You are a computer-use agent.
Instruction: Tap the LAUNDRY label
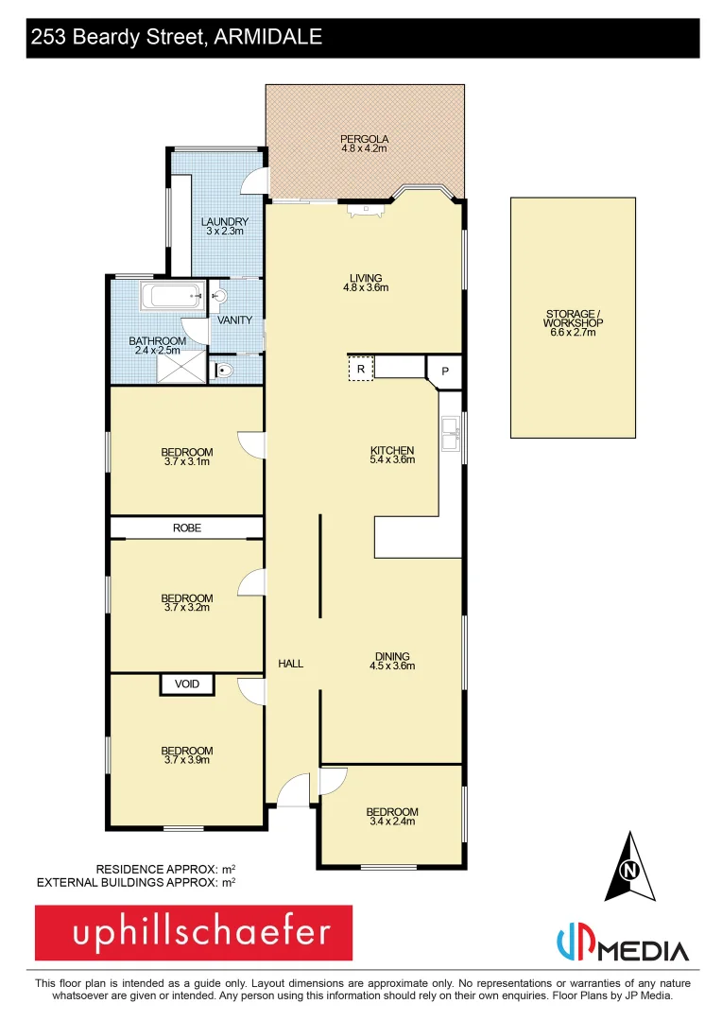[225, 222]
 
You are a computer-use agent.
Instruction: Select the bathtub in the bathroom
[172, 297]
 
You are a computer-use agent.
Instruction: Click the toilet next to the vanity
[222, 370]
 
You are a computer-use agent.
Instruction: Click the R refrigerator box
[361, 369]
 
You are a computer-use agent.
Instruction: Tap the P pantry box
[444, 372]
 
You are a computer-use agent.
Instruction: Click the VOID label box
[187, 684]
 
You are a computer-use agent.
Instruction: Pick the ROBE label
[187, 528]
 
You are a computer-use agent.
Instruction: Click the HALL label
[291, 664]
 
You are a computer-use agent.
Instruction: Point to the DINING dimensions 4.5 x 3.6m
[392, 666]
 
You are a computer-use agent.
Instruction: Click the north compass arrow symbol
[630, 866]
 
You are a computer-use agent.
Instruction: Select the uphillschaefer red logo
[194, 933]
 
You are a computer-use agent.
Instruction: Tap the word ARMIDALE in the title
[269, 38]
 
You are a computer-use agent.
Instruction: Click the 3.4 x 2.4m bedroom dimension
[392, 822]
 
